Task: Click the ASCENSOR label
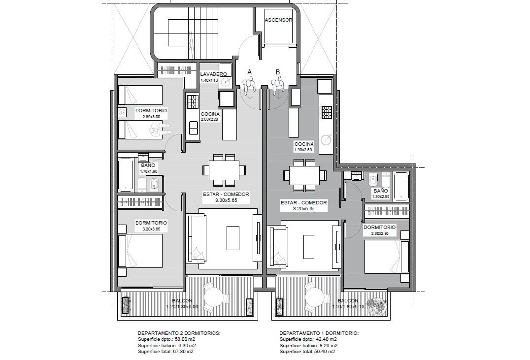click(x=278, y=20)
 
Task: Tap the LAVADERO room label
click(x=214, y=74)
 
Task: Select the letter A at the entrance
click(x=250, y=72)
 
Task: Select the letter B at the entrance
click(x=278, y=72)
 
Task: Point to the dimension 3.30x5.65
click(x=226, y=200)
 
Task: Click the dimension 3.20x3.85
click(x=151, y=229)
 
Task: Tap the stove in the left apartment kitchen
click(x=192, y=102)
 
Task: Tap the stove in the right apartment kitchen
click(x=327, y=113)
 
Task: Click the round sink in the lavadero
click(x=226, y=81)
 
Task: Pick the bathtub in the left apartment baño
click(x=126, y=175)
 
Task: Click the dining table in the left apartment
click(x=224, y=170)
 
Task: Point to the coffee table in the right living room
click(x=309, y=247)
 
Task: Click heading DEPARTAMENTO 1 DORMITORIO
click(x=319, y=333)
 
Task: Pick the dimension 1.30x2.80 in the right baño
click(x=381, y=196)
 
